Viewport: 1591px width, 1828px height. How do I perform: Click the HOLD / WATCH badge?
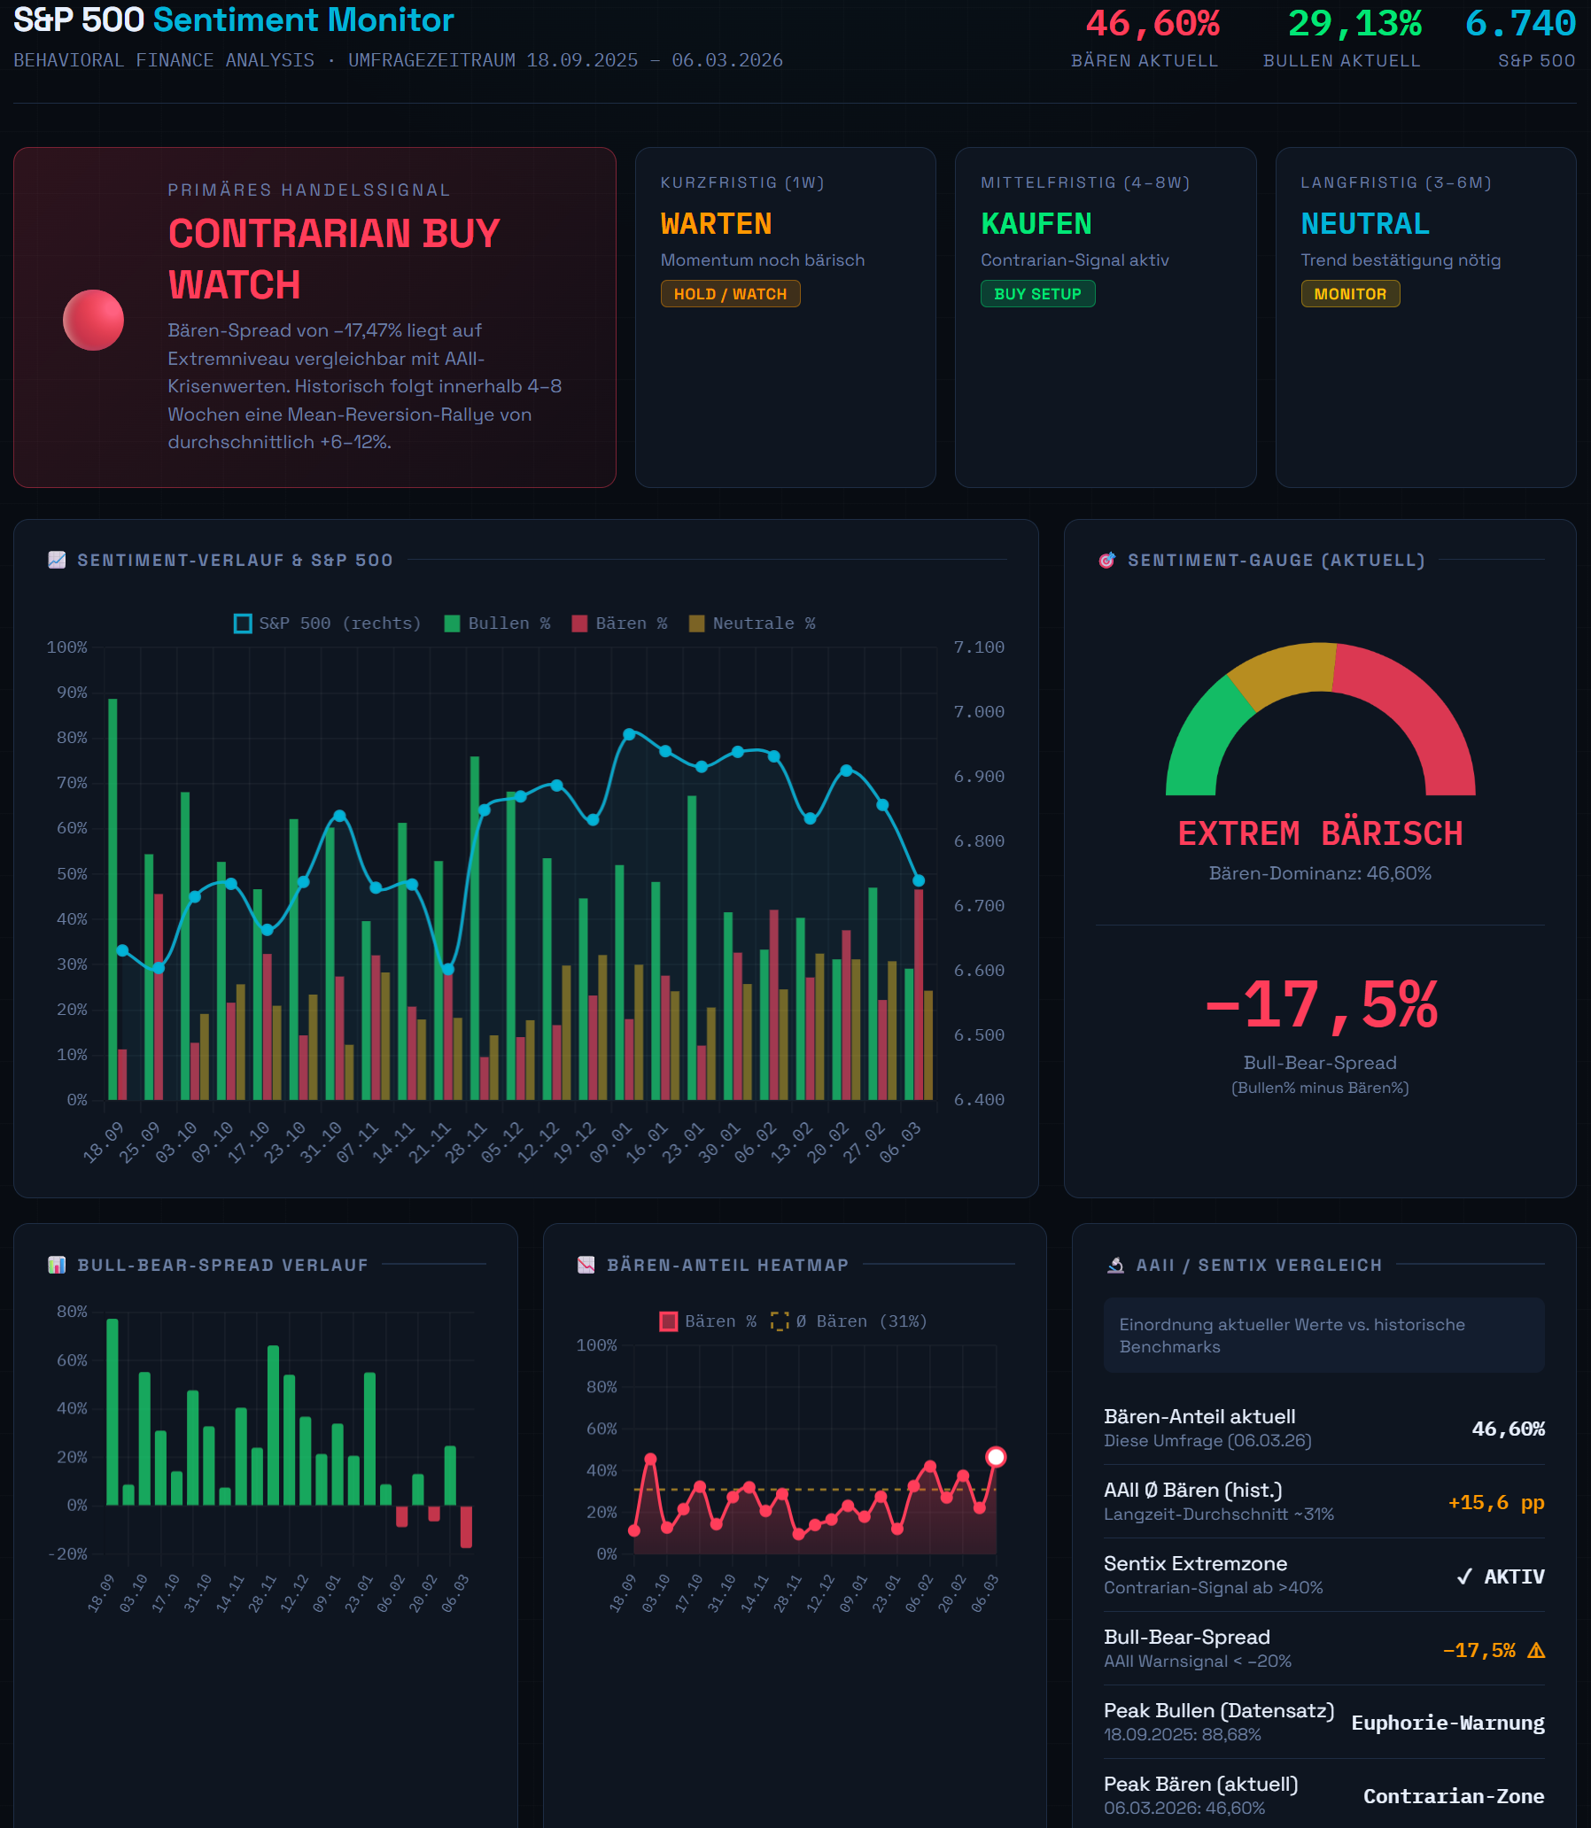[730, 294]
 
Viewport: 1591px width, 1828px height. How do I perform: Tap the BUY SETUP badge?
[1037, 294]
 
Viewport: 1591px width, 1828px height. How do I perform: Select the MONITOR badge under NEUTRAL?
[1349, 294]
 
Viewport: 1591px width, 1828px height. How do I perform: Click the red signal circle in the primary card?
[93, 320]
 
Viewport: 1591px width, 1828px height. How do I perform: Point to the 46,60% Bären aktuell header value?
[1153, 24]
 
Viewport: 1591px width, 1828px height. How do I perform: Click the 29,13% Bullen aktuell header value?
[1354, 24]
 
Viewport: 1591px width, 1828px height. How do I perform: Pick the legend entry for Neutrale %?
[752, 624]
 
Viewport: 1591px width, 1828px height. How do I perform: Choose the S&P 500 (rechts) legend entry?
[328, 624]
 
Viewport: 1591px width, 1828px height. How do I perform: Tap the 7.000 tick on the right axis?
[978, 712]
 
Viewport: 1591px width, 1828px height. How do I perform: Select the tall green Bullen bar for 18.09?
[113, 896]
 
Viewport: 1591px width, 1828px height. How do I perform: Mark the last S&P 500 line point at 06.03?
[919, 880]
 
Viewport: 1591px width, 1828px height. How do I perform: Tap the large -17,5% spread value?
[1320, 1006]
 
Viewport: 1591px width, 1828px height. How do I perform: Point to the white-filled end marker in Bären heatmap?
[997, 1457]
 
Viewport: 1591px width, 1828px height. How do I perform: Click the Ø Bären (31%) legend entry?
[849, 1321]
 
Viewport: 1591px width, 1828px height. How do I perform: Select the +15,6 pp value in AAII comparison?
[1495, 1502]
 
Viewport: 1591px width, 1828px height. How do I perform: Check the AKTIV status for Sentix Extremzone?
[1501, 1576]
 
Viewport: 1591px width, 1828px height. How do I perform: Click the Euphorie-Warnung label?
[1447, 1723]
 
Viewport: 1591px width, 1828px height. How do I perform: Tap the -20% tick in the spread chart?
[67, 1553]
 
